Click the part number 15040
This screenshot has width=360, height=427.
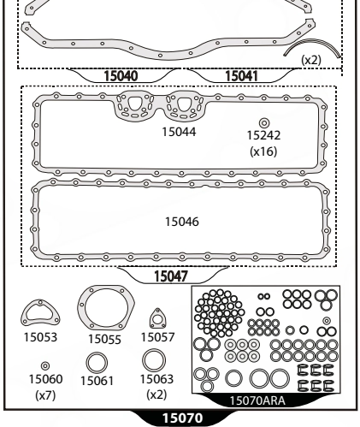tap(121, 76)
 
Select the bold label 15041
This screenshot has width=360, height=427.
tap(241, 76)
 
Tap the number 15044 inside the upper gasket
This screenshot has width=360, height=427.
tap(179, 132)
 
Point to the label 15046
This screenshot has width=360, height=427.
tap(182, 222)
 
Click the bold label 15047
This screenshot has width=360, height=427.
tap(171, 276)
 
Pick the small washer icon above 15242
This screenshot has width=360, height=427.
tap(264, 123)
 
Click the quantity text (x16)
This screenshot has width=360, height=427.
tap(263, 151)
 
